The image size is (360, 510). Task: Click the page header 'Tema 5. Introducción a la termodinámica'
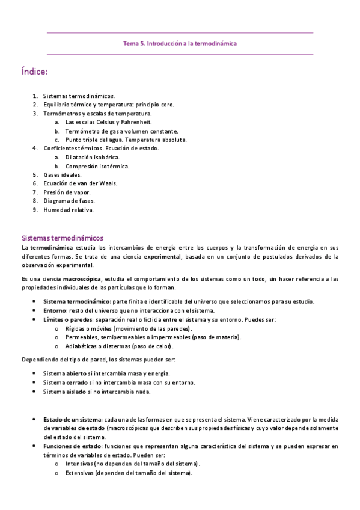[180, 43]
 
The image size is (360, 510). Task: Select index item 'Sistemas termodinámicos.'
[79, 96]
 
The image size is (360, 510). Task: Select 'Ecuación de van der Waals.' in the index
[81, 183]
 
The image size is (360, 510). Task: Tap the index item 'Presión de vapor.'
[67, 192]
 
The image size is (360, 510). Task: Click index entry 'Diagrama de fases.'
[69, 201]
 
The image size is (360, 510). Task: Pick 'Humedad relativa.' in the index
[69, 210]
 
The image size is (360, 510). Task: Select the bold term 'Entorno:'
[56, 310]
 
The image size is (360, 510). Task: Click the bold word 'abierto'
[76, 373]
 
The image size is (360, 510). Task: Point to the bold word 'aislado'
[76, 392]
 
